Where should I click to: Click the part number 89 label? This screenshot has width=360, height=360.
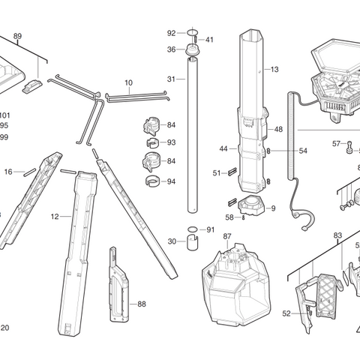pyautogui.click(x=17, y=36)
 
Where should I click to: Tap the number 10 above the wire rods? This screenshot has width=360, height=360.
pyautogui.click(x=128, y=82)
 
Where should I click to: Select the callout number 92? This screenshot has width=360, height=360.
pyautogui.click(x=171, y=33)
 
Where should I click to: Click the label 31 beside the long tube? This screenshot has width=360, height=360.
pyautogui.click(x=171, y=79)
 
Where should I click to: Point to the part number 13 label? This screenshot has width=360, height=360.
pyautogui.click(x=274, y=69)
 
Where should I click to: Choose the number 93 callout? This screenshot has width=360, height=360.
pyautogui.click(x=171, y=142)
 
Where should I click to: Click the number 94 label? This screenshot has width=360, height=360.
pyautogui.click(x=171, y=181)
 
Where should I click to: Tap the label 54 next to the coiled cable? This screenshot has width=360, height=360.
pyautogui.click(x=303, y=151)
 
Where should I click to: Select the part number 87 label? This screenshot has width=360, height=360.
pyautogui.click(x=226, y=236)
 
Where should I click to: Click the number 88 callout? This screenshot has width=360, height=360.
pyautogui.click(x=142, y=304)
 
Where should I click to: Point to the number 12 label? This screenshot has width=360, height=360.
pyautogui.click(x=55, y=217)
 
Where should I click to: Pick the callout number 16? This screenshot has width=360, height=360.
pyautogui.click(x=8, y=172)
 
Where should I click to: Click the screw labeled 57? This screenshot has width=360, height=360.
pyautogui.click(x=349, y=147)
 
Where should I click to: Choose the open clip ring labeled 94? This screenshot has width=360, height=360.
pyautogui.click(x=151, y=181)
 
